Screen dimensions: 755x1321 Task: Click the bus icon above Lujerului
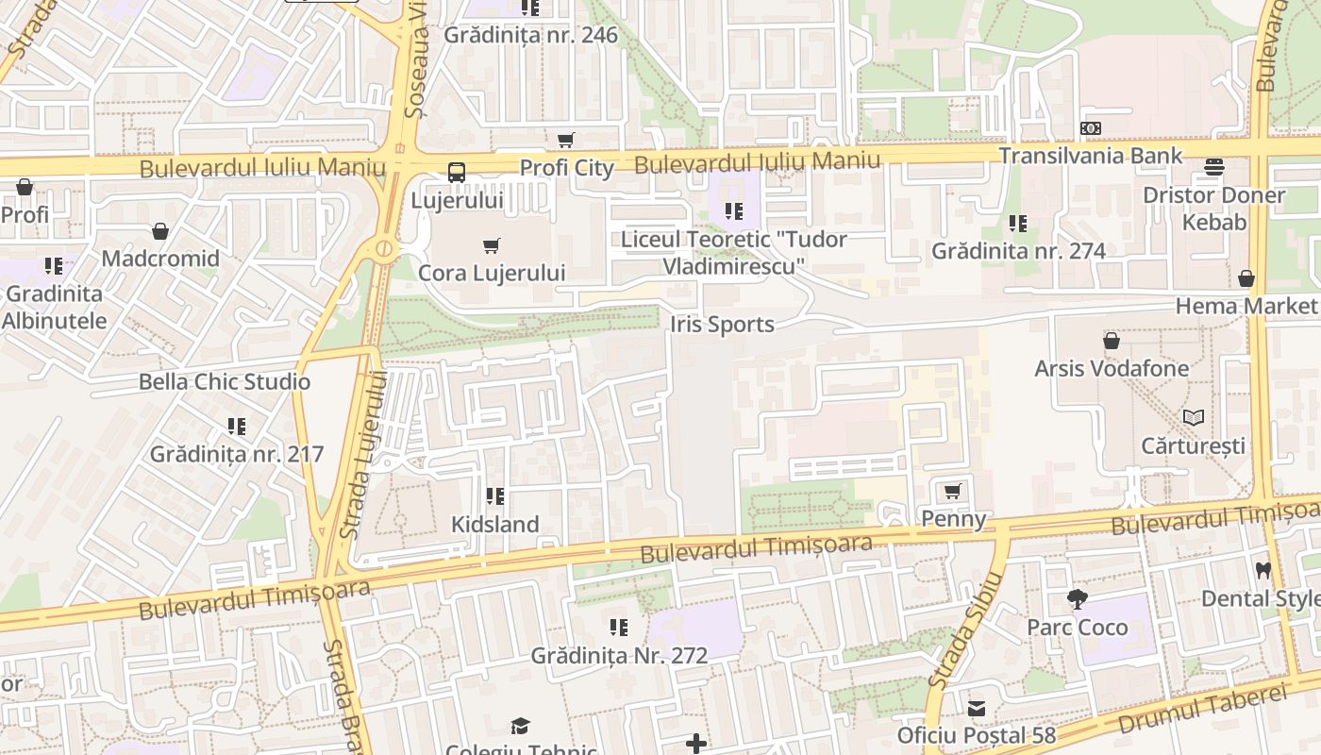click(x=457, y=173)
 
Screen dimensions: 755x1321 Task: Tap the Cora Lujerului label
click(x=492, y=273)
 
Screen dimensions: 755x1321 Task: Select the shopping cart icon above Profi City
click(x=566, y=141)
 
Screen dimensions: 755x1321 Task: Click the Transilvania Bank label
click(x=1090, y=156)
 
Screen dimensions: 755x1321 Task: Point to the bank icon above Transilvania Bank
click(x=1091, y=128)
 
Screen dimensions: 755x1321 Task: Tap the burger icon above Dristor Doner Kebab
click(x=1214, y=168)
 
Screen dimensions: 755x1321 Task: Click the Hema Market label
click(x=1246, y=306)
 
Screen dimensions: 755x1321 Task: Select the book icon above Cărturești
click(x=1194, y=417)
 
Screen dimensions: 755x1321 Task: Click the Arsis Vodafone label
click(x=1112, y=368)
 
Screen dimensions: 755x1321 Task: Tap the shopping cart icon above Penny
click(x=953, y=491)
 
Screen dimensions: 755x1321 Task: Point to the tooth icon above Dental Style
click(x=1263, y=570)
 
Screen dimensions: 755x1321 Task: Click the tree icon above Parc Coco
click(x=1077, y=599)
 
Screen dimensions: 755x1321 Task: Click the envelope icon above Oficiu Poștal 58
click(x=977, y=708)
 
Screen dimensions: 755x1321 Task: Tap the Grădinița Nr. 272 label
click(x=619, y=655)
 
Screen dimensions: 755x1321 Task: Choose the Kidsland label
click(x=495, y=525)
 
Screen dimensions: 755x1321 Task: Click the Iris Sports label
click(x=722, y=325)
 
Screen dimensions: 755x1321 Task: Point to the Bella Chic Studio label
click(x=225, y=382)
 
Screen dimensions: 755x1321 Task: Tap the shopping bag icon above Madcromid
click(x=160, y=231)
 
